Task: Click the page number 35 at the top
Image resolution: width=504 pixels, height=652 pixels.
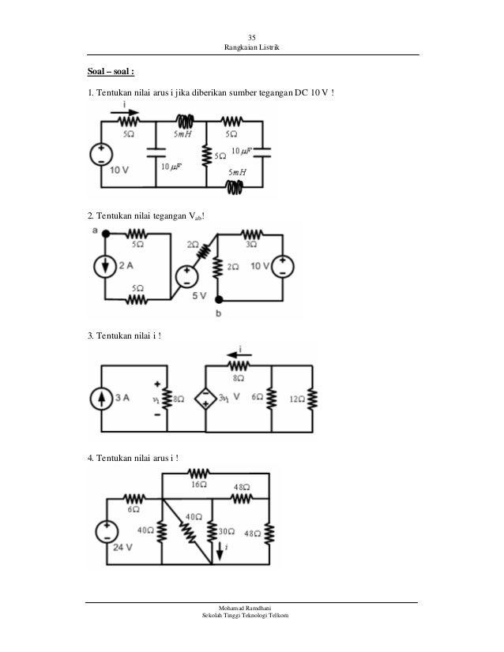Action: pyautogui.click(x=252, y=39)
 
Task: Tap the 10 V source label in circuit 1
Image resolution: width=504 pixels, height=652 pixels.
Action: pyautogui.click(x=120, y=169)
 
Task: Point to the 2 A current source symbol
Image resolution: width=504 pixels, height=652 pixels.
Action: pyautogui.click(x=104, y=266)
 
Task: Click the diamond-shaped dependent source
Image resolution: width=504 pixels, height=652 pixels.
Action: pyautogui.click(x=205, y=398)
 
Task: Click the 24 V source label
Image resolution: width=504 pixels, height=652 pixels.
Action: pyautogui.click(x=122, y=547)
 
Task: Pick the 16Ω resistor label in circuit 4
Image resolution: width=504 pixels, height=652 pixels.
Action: pyautogui.click(x=199, y=485)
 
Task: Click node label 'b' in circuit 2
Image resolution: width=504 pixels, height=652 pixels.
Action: pyautogui.click(x=219, y=314)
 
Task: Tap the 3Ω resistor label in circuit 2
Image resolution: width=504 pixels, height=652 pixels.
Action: pyautogui.click(x=252, y=245)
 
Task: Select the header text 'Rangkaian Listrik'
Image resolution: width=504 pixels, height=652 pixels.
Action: pyautogui.click(x=252, y=51)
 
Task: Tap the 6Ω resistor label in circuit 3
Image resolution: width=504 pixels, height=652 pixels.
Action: pyautogui.click(x=256, y=399)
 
